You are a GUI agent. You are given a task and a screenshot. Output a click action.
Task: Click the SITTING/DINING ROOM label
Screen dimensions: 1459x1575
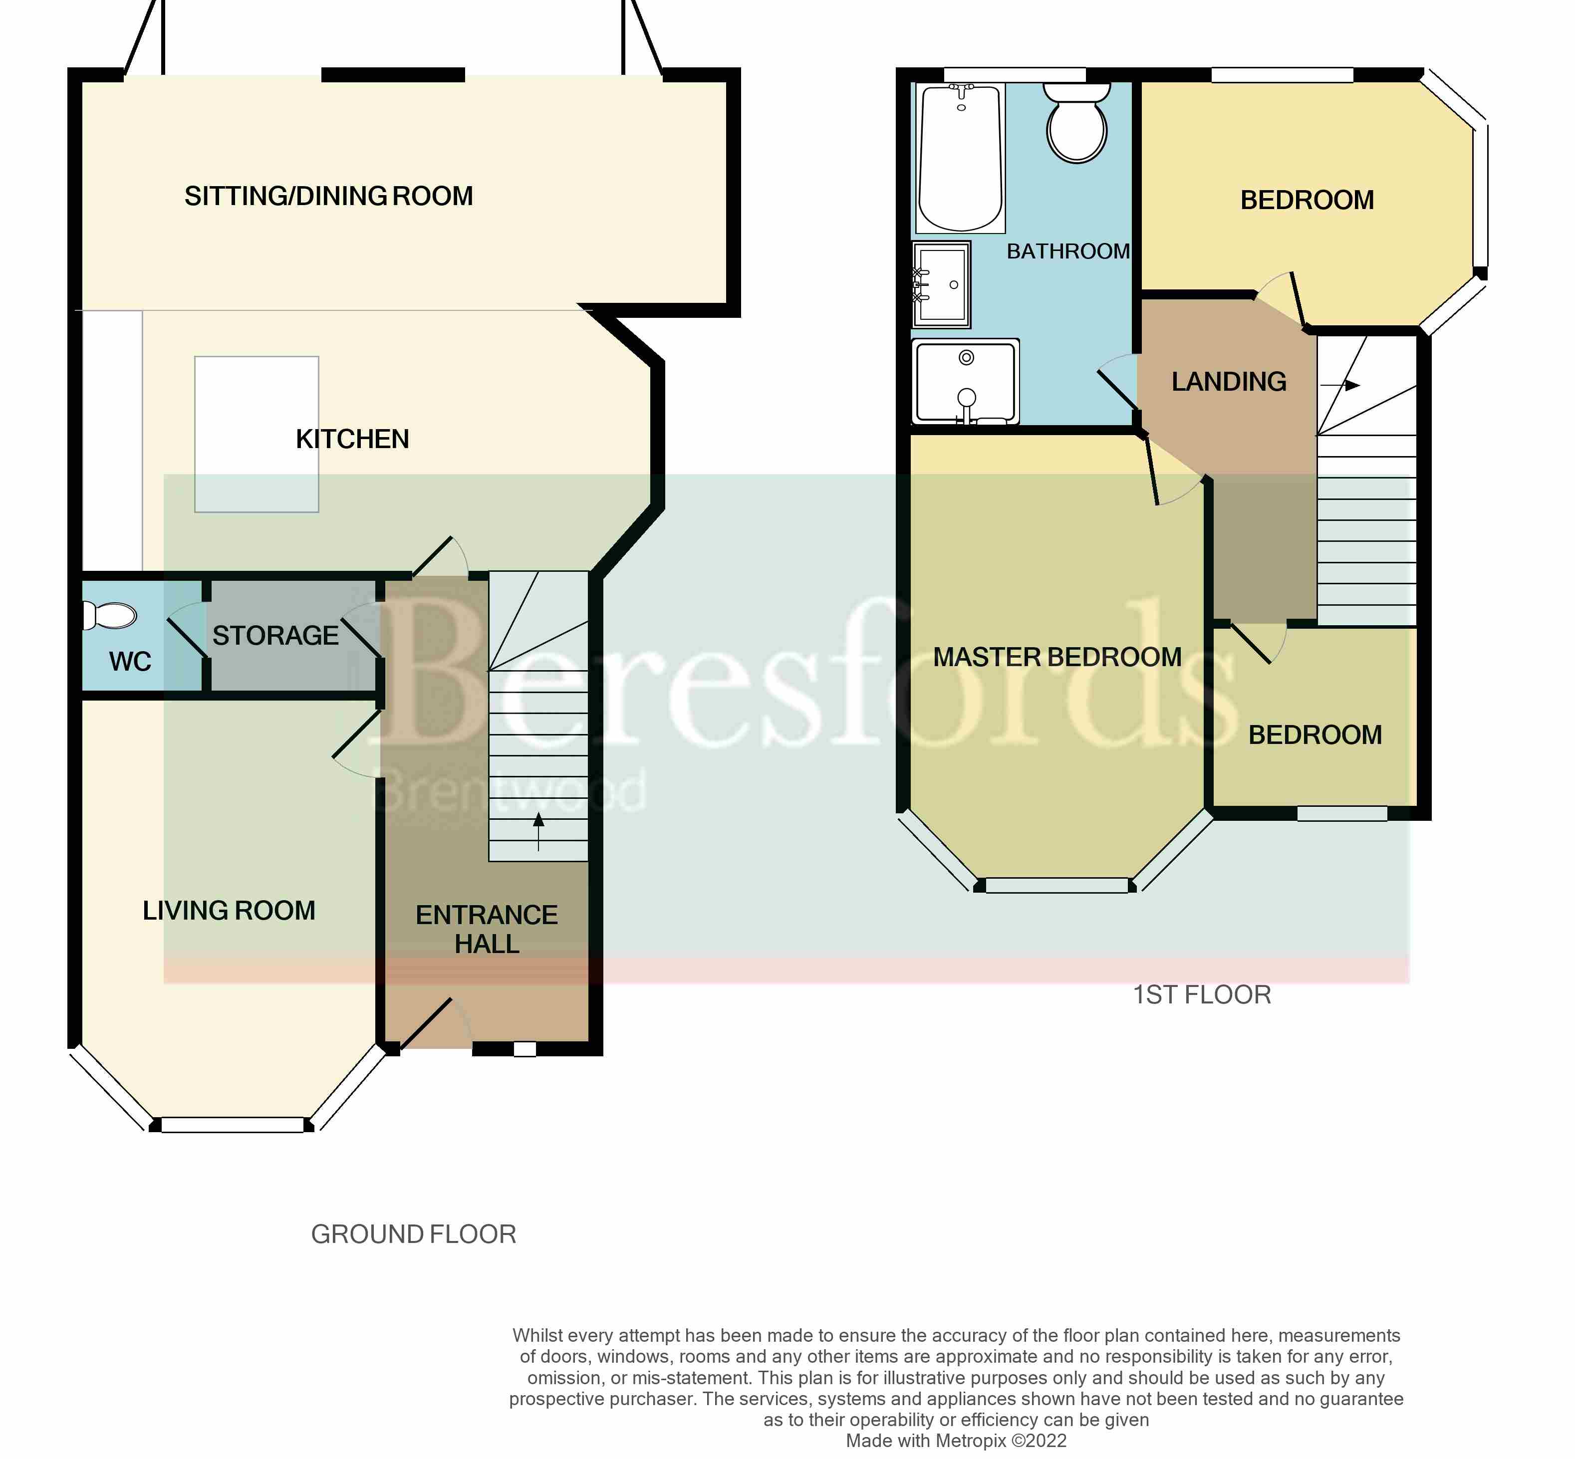click(x=328, y=196)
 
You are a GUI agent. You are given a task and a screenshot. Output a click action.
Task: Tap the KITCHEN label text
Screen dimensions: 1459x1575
click(x=352, y=439)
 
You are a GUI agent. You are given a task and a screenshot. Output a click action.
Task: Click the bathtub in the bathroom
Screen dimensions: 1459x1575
click(x=961, y=158)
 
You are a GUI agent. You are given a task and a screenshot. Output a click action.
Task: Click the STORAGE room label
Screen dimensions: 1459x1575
click(x=275, y=636)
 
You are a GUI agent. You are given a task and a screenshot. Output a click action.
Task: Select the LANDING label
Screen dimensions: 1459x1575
click(x=1229, y=382)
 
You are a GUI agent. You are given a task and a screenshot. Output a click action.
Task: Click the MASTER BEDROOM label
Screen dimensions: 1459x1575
click(x=1057, y=657)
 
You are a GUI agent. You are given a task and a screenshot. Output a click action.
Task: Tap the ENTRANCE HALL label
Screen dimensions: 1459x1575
click(x=486, y=929)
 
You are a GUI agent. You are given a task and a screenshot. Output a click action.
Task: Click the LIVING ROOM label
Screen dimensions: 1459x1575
click(x=229, y=910)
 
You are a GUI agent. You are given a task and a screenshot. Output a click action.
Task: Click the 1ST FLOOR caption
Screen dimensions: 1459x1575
click(x=1202, y=995)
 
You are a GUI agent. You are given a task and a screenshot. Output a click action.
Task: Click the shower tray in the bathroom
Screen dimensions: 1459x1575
click(x=965, y=382)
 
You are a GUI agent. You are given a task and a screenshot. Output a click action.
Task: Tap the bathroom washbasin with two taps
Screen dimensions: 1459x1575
click(x=941, y=284)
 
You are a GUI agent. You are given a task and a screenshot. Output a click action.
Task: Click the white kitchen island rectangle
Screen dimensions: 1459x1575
click(x=257, y=434)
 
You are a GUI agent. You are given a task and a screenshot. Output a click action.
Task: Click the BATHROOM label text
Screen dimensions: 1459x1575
click(x=1067, y=251)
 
